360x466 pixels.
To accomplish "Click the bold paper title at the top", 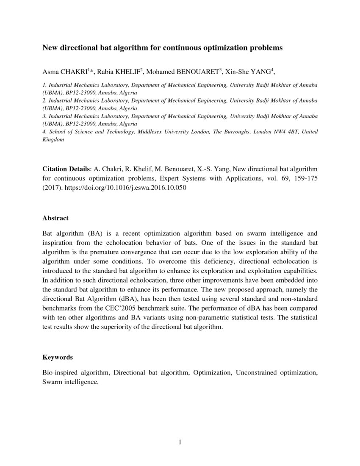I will pos(162,48).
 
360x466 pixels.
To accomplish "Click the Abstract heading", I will pos(55,218).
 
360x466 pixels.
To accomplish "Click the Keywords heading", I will pos(58,357).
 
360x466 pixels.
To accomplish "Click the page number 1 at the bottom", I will pos(180,443).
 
